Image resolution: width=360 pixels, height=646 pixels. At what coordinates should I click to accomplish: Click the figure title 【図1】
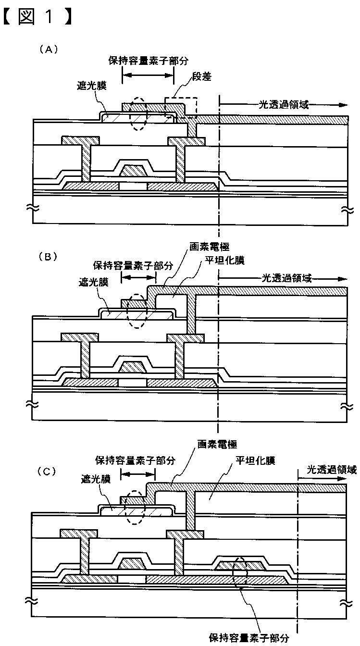37,17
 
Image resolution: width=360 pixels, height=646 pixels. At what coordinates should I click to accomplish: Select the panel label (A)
49,50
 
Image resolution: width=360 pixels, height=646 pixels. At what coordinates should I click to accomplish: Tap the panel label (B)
48,257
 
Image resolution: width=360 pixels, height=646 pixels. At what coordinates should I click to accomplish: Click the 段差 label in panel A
202,76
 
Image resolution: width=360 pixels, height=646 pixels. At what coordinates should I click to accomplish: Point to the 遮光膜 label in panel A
92,86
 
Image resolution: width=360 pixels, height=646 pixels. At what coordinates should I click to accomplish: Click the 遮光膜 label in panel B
93,282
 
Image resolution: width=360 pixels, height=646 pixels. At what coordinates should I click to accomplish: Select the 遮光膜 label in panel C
96,479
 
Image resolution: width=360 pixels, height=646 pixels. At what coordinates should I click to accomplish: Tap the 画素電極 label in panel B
210,247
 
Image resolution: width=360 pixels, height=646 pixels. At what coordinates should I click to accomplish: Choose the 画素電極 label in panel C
217,444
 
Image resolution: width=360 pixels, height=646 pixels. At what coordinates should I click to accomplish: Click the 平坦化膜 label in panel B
225,260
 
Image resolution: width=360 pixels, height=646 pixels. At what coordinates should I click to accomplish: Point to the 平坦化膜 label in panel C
255,460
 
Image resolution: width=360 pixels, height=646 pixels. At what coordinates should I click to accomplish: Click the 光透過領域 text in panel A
284,104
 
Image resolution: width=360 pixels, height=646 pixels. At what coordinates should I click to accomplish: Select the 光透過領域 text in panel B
287,278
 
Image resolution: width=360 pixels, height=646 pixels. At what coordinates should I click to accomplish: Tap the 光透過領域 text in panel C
332,470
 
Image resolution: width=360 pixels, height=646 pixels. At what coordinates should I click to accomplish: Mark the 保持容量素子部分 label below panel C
249,638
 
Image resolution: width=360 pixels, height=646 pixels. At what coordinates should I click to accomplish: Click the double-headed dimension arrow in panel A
148,75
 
